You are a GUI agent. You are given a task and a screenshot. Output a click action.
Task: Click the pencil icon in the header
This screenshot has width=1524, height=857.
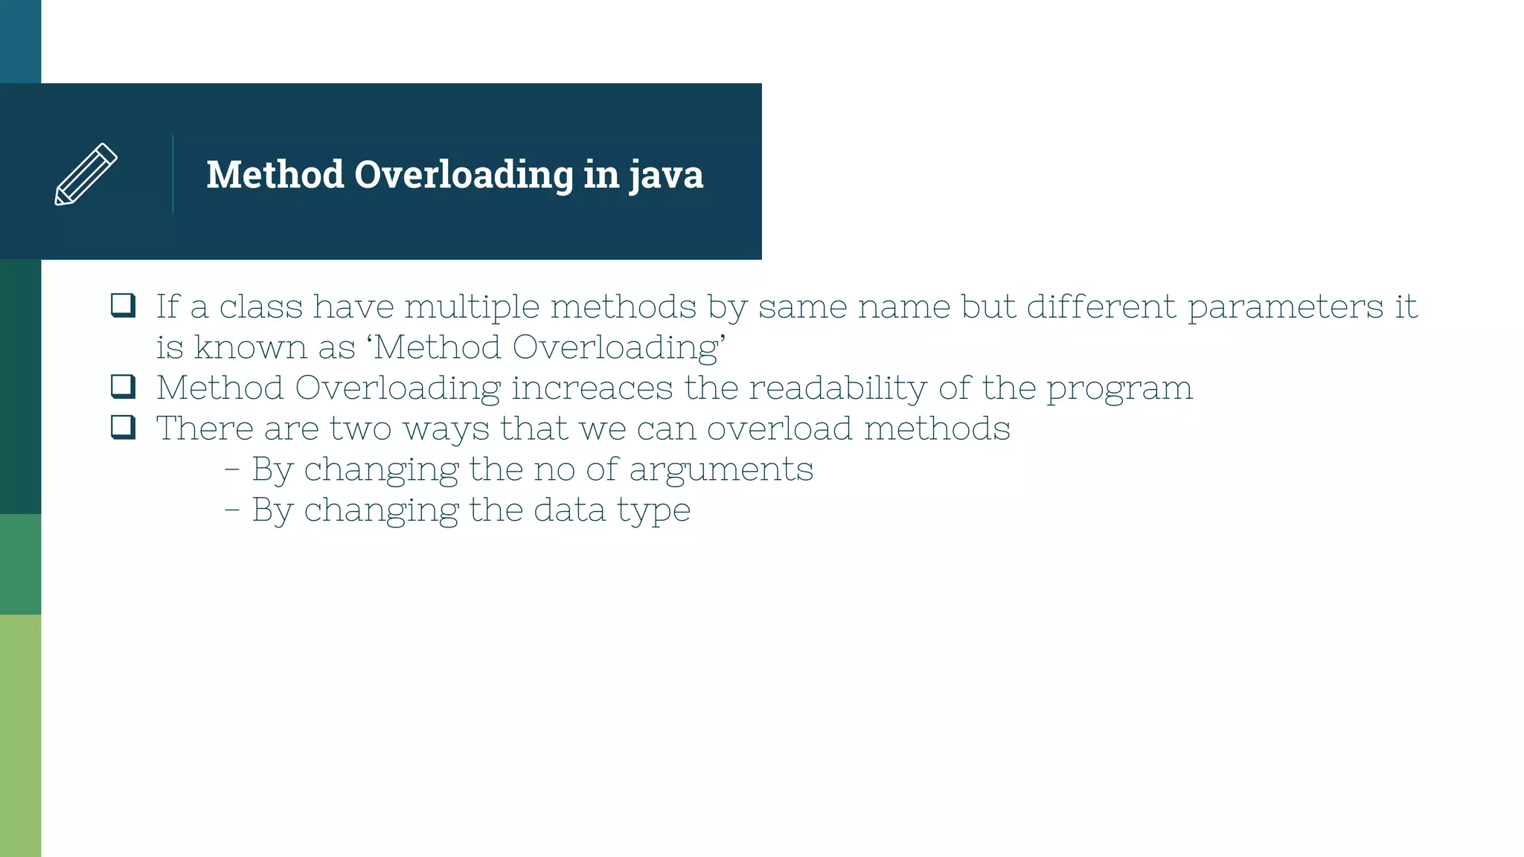click(86, 174)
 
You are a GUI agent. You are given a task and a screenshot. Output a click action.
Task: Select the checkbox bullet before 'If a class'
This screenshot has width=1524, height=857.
click(123, 305)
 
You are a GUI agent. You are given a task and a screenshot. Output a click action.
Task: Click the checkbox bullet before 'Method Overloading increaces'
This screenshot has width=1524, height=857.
click(123, 386)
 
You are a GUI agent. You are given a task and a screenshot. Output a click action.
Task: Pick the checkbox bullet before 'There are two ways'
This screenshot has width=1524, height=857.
click(123, 427)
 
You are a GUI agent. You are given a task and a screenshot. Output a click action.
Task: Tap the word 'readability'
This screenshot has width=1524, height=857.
click(837, 388)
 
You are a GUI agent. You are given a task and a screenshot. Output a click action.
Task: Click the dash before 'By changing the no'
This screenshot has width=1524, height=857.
click(232, 470)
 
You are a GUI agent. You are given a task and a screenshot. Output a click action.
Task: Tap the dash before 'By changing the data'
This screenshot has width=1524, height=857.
click(232, 511)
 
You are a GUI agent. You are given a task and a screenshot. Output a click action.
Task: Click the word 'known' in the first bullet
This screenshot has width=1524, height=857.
click(251, 348)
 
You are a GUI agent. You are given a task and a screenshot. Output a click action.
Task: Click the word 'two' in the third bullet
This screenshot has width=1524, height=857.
click(360, 429)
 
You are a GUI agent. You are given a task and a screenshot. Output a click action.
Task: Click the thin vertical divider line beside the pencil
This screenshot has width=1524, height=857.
click(173, 174)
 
